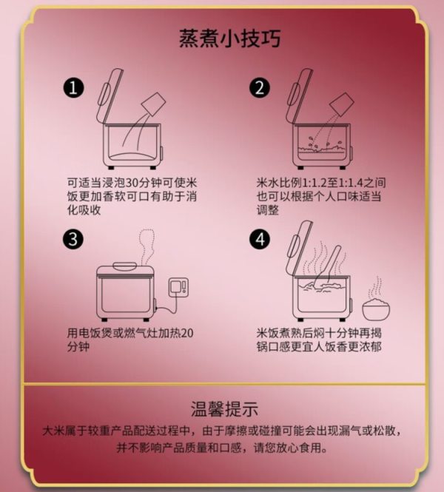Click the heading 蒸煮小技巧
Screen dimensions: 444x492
(x=230, y=38)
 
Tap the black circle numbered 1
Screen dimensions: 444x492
(x=73, y=87)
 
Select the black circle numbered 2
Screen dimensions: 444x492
(x=260, y=87)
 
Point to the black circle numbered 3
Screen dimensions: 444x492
(x=73, y=240)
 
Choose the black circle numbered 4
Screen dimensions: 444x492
(x=260, y=240)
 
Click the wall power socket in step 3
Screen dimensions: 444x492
(x=178, y=287)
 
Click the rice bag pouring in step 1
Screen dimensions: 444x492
(x=153, y=104)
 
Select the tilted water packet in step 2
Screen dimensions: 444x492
(x=341, y=104)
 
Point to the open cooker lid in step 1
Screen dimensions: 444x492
(x=110, y=96)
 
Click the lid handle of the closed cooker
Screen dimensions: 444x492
(x=124, y=266)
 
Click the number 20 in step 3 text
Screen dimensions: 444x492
(x=187, y=333)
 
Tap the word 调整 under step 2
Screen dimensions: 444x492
(x=268, y=210)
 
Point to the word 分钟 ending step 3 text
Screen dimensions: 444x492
(x=78, y=347)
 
